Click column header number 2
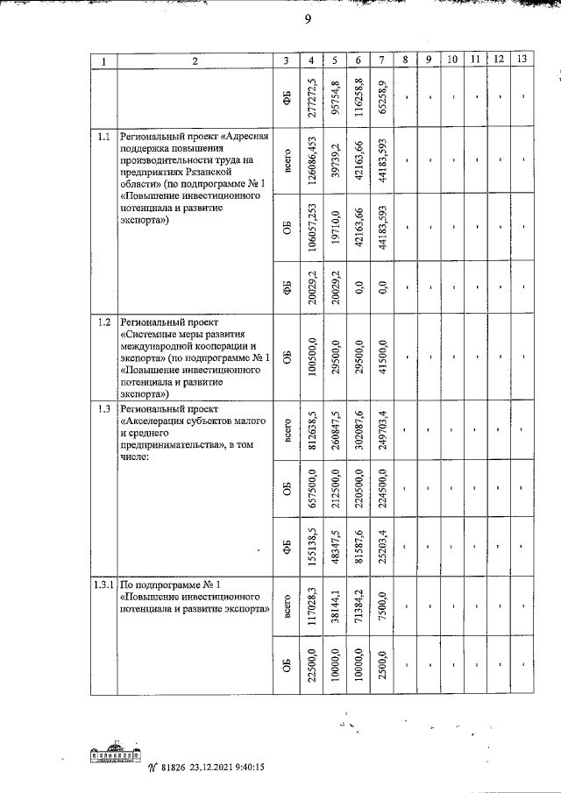click(x=195, y=60)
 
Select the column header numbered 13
click(x=522, y=60)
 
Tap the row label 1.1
click(x=103, y=137)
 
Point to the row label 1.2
click(x=103, y=322)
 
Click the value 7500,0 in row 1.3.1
click(x=380, y=605)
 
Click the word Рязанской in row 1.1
click(x=241, y=172)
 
